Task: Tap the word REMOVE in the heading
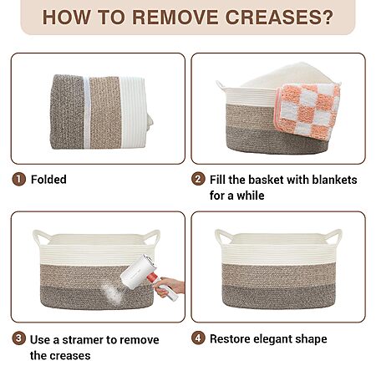tap(175, 18)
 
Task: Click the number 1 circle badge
tap(18, 179)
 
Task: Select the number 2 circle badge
tap(198, 179)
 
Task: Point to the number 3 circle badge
tap(18, 338)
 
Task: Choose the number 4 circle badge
tap(198, 338)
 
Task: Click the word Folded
tap(48, 180)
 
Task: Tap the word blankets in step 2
tap(334, 180)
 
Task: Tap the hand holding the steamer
tap(170, 287)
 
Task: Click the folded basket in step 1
tap(101, 112)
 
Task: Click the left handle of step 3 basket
tap(42, 237)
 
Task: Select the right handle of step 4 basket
tap(333, 237)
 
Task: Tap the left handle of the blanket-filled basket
tap(221, 85)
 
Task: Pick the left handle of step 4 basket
tap(224, 237)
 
